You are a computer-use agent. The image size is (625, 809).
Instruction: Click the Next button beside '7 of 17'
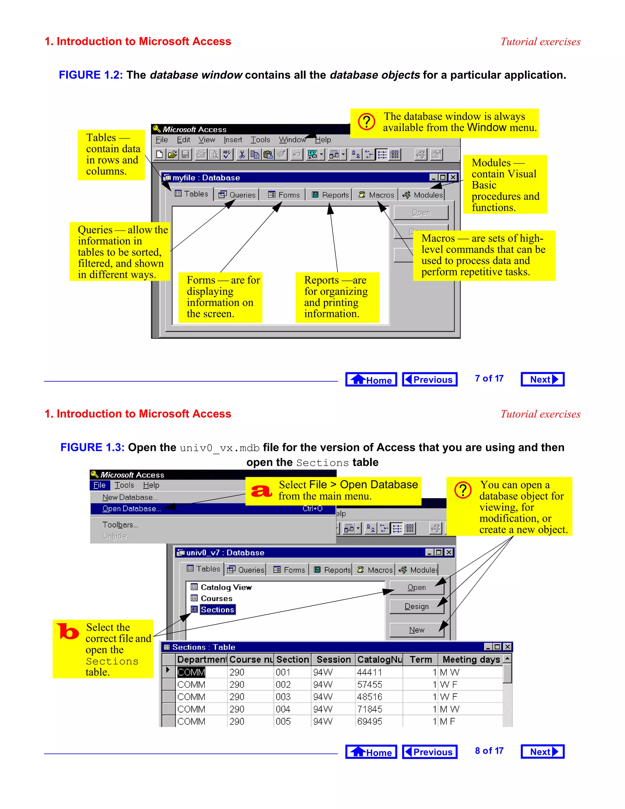[542, 379]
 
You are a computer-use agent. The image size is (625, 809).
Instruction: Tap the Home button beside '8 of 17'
[371, 752]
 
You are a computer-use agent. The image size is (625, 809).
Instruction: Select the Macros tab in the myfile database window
[377, 195]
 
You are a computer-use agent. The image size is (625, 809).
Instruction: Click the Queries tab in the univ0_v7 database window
[246, 570]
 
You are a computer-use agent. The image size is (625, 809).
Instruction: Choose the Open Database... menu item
[132, 509]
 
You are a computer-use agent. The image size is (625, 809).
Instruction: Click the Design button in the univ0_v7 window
[417, 606]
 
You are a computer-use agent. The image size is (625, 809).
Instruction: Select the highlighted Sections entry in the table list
[217, 610]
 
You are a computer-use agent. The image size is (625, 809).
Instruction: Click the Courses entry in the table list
[216, 598]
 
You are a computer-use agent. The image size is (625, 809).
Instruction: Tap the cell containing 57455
[370, 684]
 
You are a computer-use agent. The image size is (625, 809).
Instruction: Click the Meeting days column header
[471, 659]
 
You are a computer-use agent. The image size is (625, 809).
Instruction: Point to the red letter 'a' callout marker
[262, 491]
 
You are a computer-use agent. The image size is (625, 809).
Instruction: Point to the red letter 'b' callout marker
[68, 632]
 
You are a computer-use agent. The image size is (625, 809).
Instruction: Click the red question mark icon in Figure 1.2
[367, 122]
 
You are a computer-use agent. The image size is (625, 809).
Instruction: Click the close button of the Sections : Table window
[508, 647]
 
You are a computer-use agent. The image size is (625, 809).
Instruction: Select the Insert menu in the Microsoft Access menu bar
[233, 140]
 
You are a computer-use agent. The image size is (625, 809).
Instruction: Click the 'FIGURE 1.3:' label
[92, 448]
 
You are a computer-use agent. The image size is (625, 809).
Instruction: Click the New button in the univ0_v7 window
[417, 630]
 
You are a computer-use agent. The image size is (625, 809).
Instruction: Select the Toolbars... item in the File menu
[120, 525]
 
